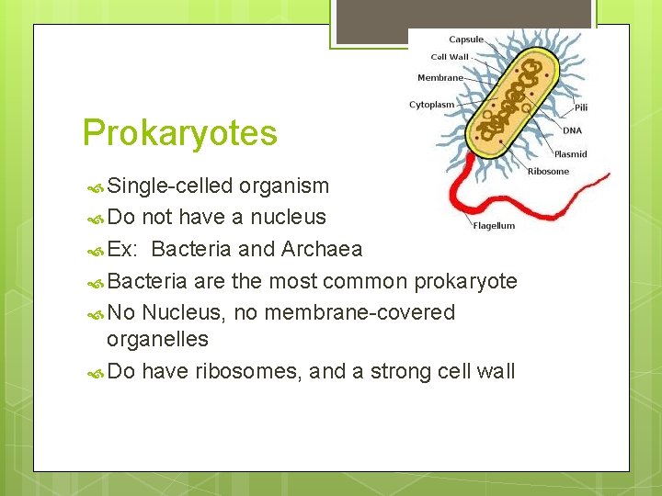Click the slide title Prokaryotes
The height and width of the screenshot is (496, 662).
coord(179,133)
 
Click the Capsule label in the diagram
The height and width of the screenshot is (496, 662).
coord(465,39)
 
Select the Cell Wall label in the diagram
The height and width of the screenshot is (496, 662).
coord(450,57)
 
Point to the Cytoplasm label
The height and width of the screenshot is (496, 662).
coord(431,105)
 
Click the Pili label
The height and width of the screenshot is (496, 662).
coord(580,107)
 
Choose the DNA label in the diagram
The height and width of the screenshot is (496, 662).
coord(572,130)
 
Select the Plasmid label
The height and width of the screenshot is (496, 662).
coord(570,154)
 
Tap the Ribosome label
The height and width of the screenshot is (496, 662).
coord(548,171)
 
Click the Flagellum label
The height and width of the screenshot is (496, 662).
coord(494,226)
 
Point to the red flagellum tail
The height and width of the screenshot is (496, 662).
coord(515,197)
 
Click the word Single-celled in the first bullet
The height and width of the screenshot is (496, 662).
coord(170,186)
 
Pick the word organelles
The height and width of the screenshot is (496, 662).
coord(157,339)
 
